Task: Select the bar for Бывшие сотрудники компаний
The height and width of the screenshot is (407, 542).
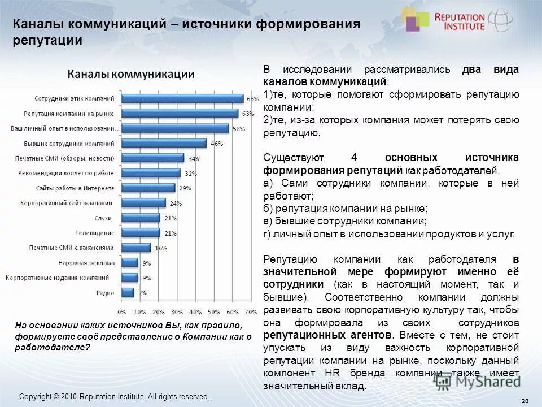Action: pyautogui.click(x=164, y=142)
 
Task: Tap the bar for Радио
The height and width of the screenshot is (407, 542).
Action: pyautogui.click(x=128, y=292)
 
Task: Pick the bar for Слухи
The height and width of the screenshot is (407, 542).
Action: pyautogui.click(x=141, y=218)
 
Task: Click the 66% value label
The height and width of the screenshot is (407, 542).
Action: pyautogui.click(x=252, y=99)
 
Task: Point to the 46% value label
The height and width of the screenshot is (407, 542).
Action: pyautogui.click(x=216, y=144)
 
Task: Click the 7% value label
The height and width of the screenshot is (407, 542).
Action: pyautogui.click(x=143, y=293)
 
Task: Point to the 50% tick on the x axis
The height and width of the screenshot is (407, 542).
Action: pyautogui.click(x=213, y=311)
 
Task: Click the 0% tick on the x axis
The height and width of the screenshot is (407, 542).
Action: pyautogui.click(x=122, y=311)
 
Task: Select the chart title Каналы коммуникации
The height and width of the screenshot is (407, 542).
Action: pyautogui.click(x=132, y=74)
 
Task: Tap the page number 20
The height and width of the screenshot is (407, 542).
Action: pyautogui.click(x=525, y=401)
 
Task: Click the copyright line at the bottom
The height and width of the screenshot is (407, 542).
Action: pyautogui.click(x=114, y=397)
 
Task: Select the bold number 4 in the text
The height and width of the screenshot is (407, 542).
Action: pyautogui.click(x=354, y=157)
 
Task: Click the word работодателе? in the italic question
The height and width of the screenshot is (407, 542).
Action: pyautogui.click(x=53, y=348)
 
